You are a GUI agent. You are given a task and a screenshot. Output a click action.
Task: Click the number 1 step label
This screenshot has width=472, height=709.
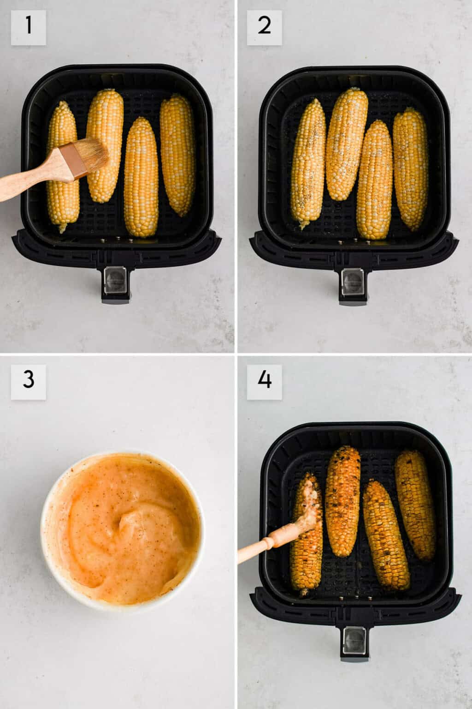point(29,27)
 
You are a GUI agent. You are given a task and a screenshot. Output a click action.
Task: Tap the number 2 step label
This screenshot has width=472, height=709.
point(264,27)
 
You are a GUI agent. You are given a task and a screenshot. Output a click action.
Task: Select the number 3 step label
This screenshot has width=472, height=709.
point(29,382)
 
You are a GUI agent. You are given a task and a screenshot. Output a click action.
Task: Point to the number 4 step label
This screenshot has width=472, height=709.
point(264,382)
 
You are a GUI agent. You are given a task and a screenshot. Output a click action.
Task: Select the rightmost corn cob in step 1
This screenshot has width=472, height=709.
point(177,155)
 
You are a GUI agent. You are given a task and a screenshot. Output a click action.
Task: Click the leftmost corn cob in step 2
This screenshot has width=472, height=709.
point(308,164)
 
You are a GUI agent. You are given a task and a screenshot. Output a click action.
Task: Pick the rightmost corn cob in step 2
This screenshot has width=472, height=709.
point(411,168)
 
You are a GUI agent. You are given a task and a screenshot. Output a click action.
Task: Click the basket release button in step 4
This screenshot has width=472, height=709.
point(354,641)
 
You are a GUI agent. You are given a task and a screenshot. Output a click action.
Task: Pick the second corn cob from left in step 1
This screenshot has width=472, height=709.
point(105,145)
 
